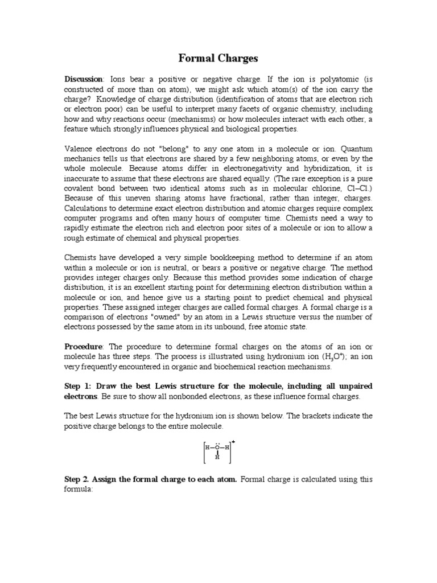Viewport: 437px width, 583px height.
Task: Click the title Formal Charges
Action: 218,58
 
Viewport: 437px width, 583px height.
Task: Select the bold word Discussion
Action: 84,79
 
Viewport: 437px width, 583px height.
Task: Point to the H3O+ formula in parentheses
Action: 322,357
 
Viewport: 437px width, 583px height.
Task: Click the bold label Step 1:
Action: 80,387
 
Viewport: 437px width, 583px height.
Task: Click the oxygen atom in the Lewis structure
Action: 217,447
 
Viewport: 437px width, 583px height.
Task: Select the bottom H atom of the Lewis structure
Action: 217,457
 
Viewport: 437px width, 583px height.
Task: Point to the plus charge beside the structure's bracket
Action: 233,441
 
